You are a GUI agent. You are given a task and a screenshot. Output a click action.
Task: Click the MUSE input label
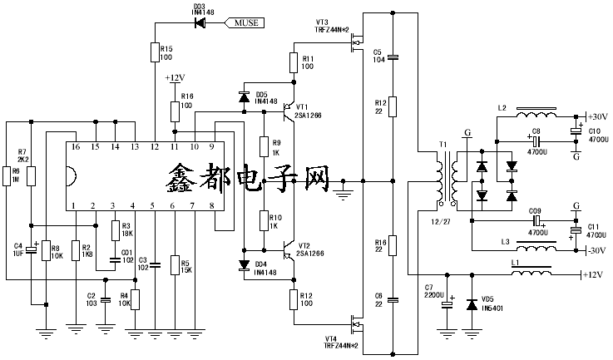click(x=247, y=22)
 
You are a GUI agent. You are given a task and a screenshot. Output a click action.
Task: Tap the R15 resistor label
click(x=166, y=52)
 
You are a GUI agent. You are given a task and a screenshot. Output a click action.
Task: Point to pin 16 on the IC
click(x=75, y=147)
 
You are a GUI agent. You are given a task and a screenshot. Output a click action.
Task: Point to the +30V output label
click(x=597, y=116)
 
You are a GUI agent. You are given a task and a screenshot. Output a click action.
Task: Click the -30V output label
click(x=596, y=250)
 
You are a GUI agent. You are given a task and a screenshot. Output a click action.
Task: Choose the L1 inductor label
click(x=517, y=263)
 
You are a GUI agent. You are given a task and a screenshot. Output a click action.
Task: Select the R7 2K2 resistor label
click(x=23, y=155)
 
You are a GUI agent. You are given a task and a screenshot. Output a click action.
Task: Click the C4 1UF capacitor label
click(x=18, y=249)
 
